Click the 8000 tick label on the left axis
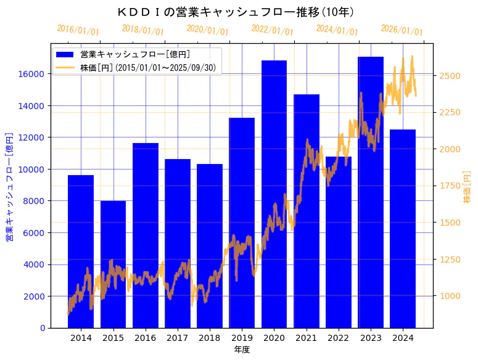coord(34,201)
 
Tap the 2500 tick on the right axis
coord(450,76)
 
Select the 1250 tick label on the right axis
coord(450,260)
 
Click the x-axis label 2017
coord(177,338)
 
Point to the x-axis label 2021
coord(306,338)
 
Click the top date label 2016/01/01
coord(78,30)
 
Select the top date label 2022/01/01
coord(272,30)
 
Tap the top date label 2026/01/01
coord(402,30)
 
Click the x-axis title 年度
coord(242,350)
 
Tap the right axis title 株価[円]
coord(467,187)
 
